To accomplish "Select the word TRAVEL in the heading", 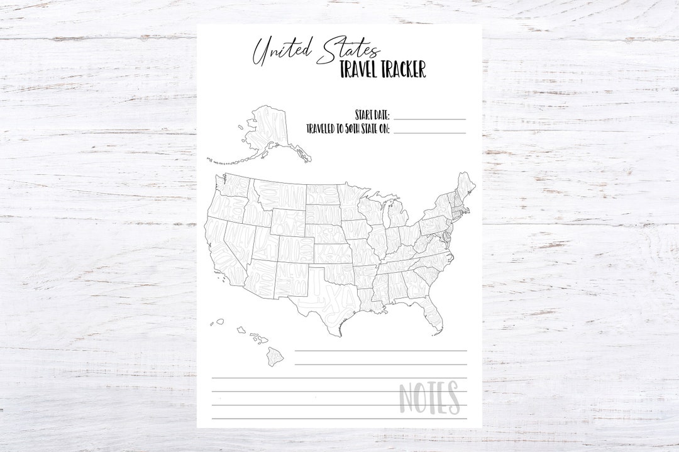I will [x=362, y=69].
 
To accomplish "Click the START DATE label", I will [x=372, y=115].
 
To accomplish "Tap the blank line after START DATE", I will [x=429, y=118].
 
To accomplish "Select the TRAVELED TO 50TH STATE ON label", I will [x=348, y=129].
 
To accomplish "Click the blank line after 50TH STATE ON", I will [x=429, y=132].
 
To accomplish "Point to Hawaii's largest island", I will [x=275, y=356].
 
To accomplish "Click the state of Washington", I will [x=236, y=186].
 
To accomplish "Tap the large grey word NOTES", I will [x=429, y=397].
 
